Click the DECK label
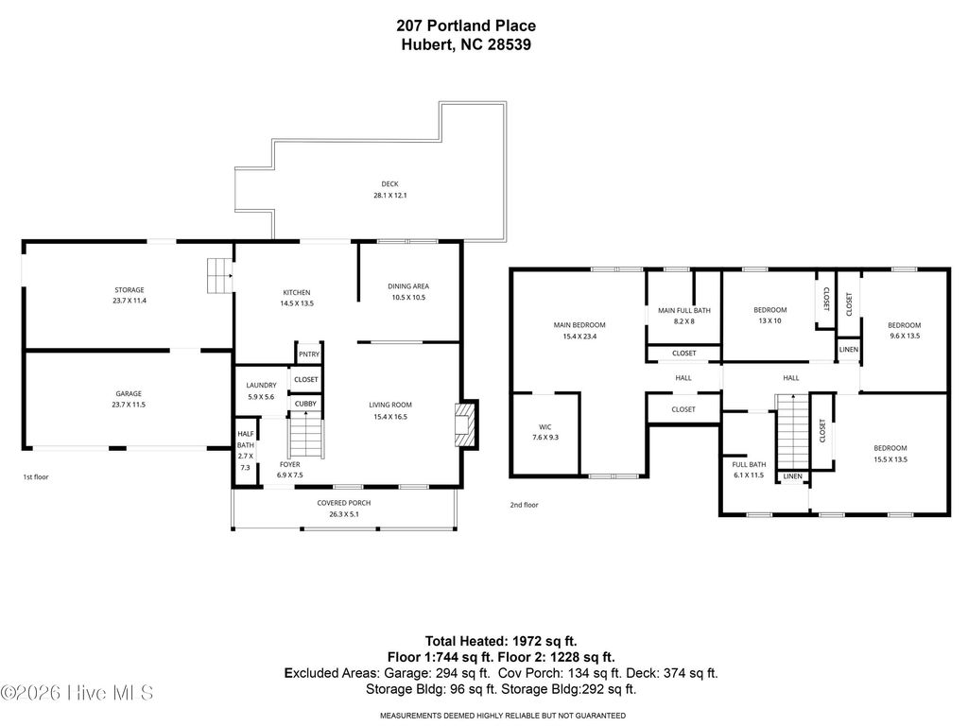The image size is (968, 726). click(389, 185)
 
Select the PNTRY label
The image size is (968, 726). click(308, 354)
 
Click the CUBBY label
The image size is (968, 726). click(305, 404)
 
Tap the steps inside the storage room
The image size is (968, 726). click(219, 275)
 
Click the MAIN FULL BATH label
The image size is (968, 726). click(683, 310)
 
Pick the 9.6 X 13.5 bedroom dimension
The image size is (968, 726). click(904, 336)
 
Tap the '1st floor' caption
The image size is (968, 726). click(36, 477)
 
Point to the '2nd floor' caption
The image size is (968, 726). click(524, 505)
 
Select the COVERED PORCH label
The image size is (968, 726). click(343, 503)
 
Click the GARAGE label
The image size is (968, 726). click(129, 393)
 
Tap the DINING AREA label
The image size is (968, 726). click(408, 286)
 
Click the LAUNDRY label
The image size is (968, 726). click(261, 386)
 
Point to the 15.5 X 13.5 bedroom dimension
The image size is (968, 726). click(890, 459)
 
